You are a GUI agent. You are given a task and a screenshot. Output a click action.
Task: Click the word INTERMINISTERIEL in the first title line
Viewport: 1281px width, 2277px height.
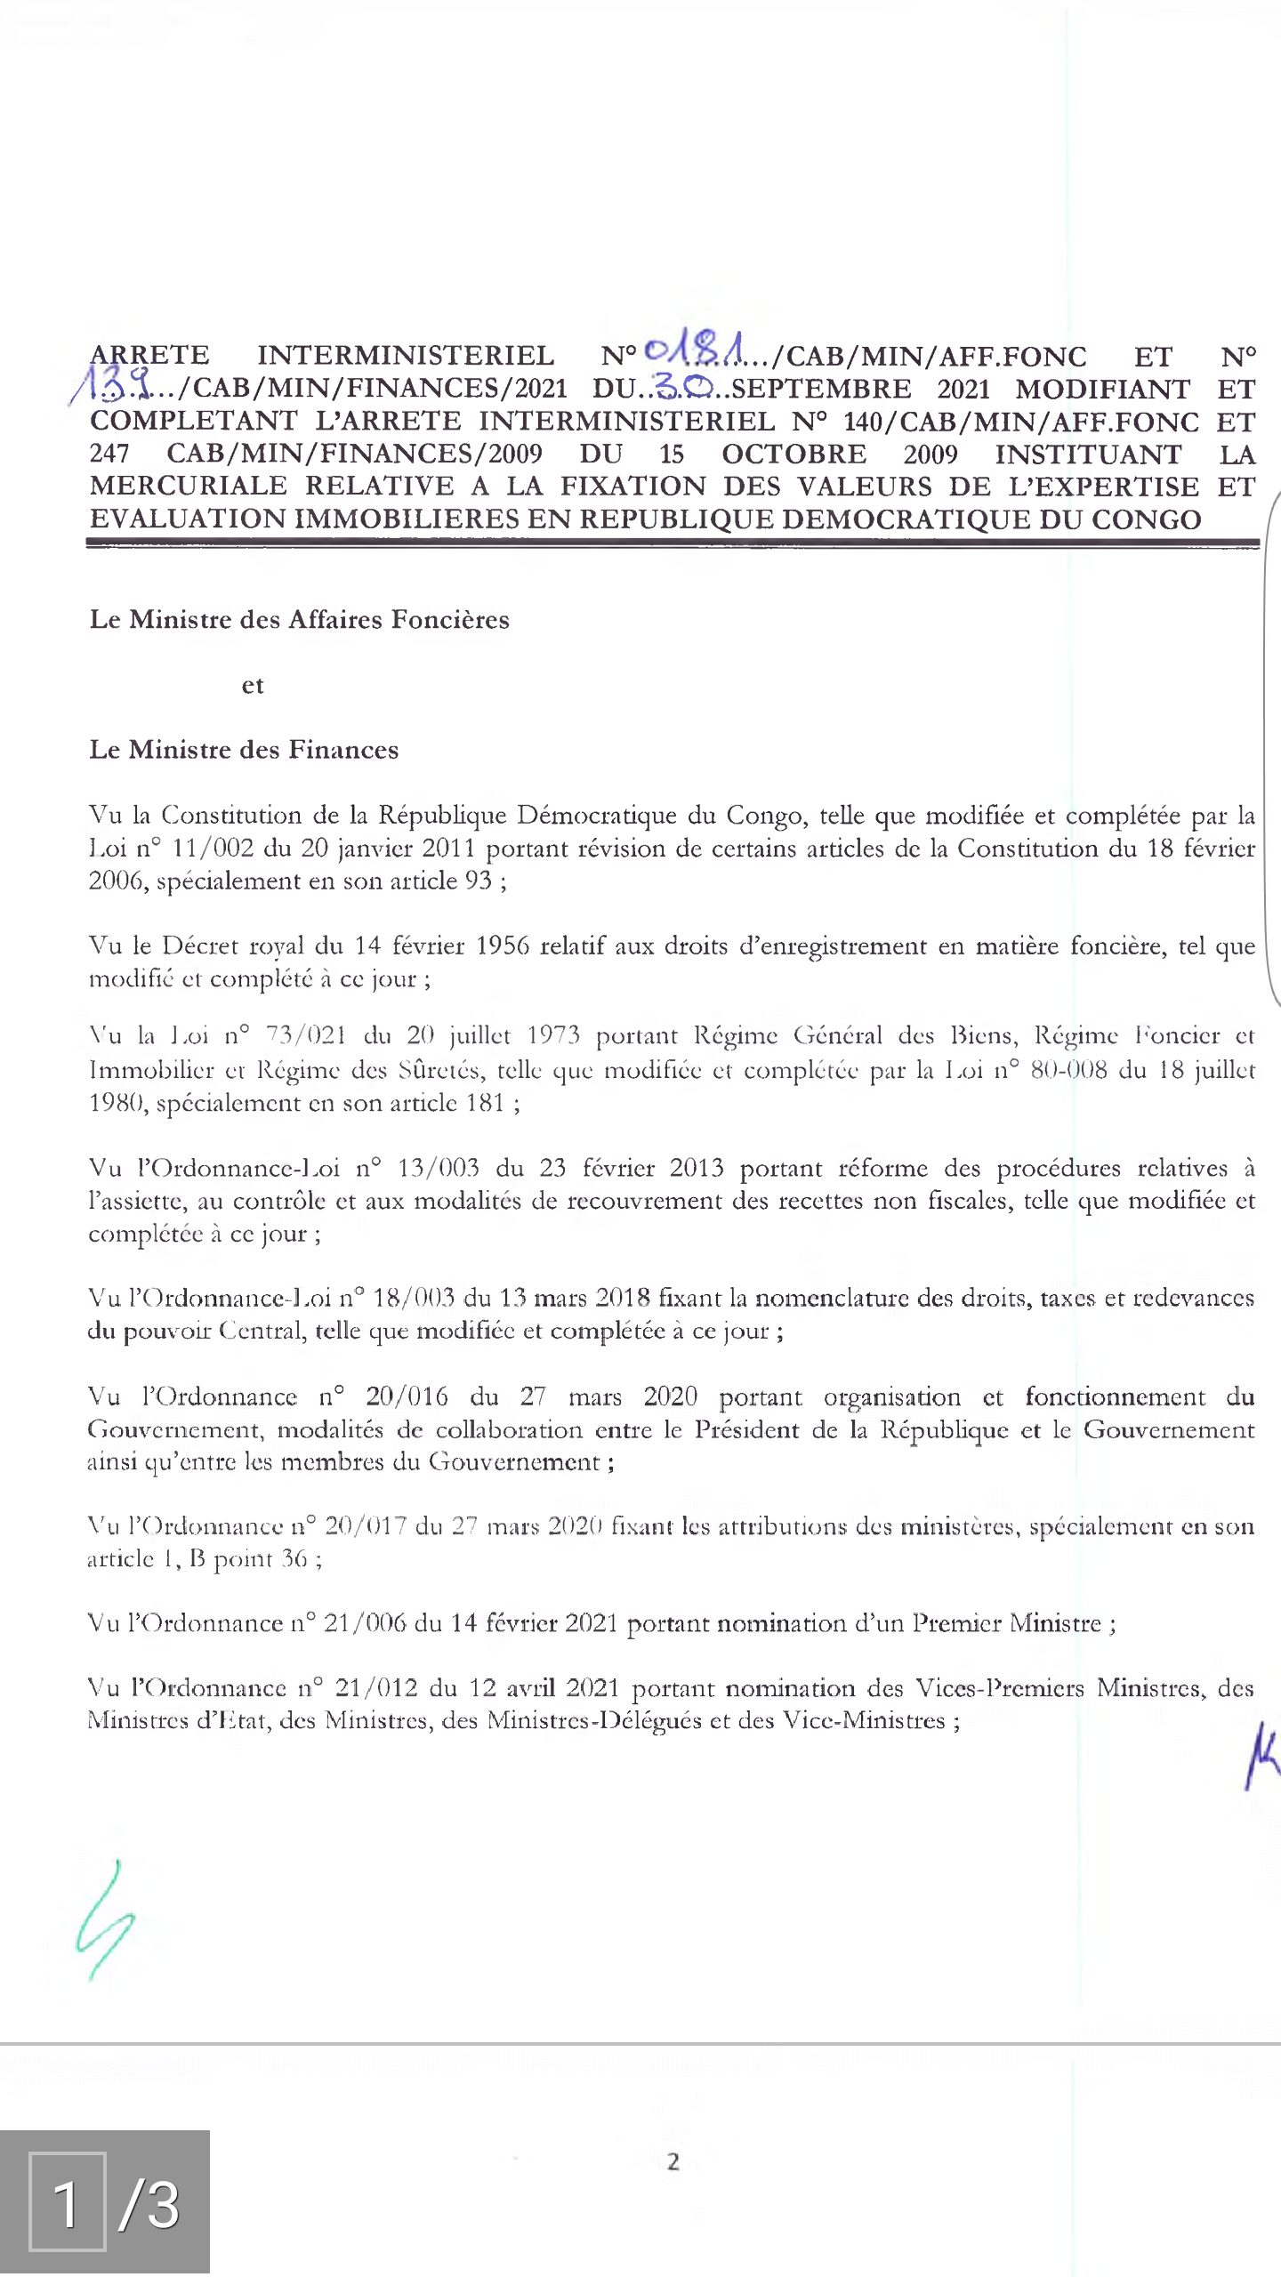pyautogui.click(x=406, y=356)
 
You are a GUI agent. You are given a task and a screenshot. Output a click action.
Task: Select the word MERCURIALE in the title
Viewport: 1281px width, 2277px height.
pyautogui.click(x=189, y=486)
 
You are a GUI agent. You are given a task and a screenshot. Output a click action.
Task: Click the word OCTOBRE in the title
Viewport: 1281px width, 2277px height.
pyautogui.click(x=794, y=454)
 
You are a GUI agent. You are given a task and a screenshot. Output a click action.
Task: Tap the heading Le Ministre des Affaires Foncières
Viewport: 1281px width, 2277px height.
pyautogui.click(x=299, y=619)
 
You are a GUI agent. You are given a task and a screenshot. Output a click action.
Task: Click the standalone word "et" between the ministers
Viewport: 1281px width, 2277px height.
pyautogui.click(x=253, y=685)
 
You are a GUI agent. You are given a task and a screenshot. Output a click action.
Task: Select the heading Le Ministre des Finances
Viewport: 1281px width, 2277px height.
pyautogui.click(x=244, y=750)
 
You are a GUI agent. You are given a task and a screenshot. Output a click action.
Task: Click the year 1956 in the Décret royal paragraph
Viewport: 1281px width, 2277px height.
pyautogui.click(x=503, y=945)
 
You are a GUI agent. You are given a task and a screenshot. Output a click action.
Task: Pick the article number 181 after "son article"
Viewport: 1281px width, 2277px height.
pyautogui.click(x=485, y=1103)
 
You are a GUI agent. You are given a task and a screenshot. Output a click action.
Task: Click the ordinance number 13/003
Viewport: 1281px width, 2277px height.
pyautogui.click(x=438, y=1168)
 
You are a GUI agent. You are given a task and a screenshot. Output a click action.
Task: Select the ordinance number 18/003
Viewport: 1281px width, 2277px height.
pyautogui.click(x=414, y=1298)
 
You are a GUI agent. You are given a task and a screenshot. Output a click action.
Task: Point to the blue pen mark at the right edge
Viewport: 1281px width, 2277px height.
pyautogui.click(x=1261, y=1754)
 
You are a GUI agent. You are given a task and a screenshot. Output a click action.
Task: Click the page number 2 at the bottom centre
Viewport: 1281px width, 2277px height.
pyautogui.click(x=673, y=2161)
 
